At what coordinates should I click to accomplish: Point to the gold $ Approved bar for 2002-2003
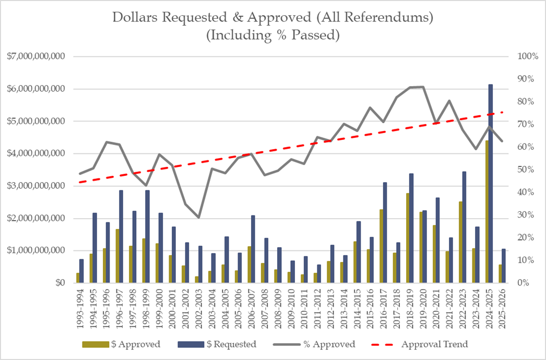(x=197, y=280)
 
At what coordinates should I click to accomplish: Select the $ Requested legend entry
(x=217, y=344)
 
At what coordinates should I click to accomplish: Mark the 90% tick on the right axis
(x=524, y=79)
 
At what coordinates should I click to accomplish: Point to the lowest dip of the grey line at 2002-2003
(x=198, y=218)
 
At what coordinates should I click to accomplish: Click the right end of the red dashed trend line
(x=502, y=112)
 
